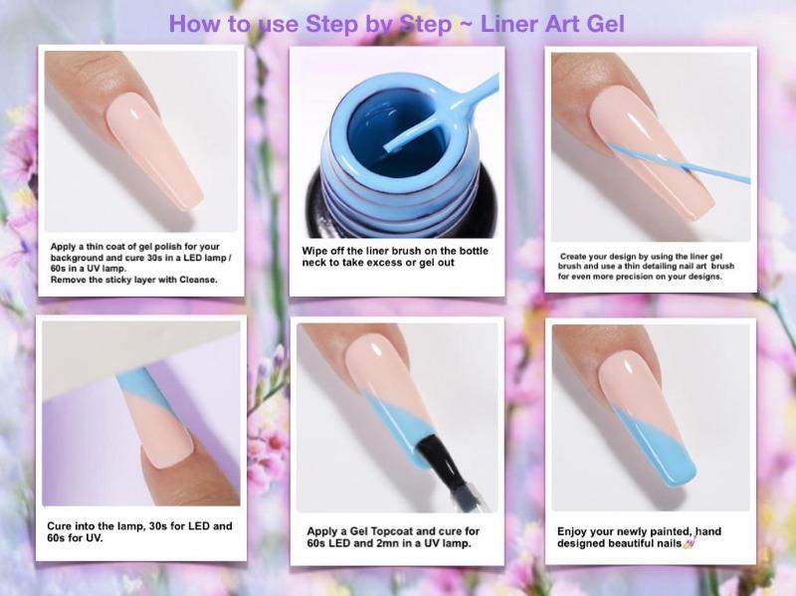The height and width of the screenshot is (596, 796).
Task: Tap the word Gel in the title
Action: [x=605, y=24]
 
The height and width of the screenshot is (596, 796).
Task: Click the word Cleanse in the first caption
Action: [x=197, y=280]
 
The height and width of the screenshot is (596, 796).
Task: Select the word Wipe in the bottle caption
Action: [x=312, y=252]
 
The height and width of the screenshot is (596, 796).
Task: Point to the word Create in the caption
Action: [x=573, y=257]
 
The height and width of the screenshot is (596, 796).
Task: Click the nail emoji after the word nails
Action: [x=689, y=543]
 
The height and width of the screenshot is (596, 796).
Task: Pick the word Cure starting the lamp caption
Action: [x=59, y=526]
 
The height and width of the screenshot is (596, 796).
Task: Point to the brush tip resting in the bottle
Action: [x=390, y=147]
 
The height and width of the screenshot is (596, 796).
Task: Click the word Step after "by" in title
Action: [x=426, y=24]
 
